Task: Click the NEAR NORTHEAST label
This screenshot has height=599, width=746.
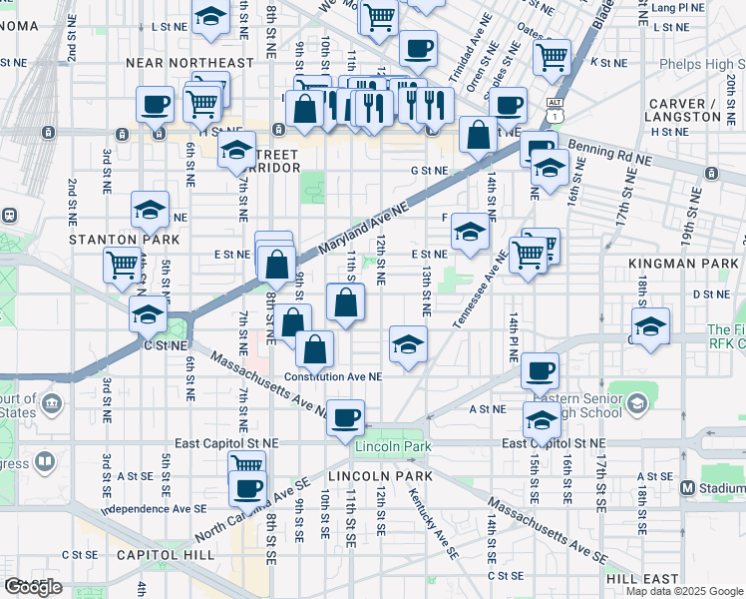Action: (189, 63)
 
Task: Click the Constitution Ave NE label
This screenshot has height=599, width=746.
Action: (333, 376)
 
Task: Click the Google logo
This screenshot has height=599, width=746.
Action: (33, 587)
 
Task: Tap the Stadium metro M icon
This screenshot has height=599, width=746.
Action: (687, 488)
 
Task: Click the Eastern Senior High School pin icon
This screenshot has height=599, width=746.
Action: (637, 402)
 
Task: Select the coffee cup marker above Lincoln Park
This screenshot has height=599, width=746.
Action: (346, 417)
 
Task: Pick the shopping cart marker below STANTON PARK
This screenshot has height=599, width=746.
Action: (122, 265)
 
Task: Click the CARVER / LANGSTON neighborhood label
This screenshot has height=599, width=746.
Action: (684, 110)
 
